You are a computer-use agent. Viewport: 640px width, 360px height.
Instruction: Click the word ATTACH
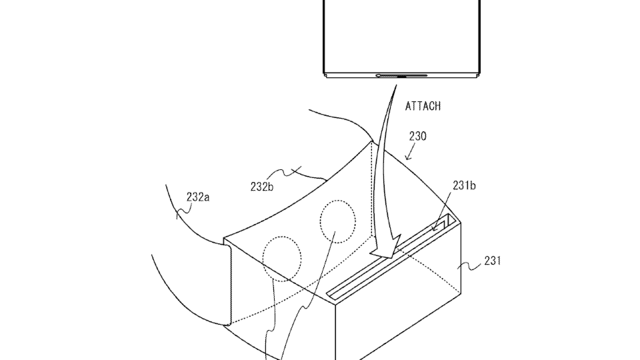(423, 106)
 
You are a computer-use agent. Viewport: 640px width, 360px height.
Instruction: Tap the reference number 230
(418, 136)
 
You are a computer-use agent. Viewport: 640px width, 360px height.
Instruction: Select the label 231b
(464, 186)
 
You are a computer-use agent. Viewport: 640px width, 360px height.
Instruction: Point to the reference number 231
(492, 260)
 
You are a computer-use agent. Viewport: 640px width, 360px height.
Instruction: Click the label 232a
(198, 197)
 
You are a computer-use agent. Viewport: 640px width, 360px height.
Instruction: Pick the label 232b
(262, 186)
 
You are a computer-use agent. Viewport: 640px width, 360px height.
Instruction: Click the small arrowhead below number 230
(408, 157)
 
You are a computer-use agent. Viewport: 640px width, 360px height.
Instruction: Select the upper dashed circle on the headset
(338, 222)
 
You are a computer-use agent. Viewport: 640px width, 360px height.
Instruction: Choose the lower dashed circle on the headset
(282, 259)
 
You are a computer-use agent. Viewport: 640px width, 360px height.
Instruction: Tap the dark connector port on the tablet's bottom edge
(402, 76)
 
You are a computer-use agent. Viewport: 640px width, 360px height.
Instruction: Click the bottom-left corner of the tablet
(324, 73)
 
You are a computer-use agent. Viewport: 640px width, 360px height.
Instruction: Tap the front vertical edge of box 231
(336, 332)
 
